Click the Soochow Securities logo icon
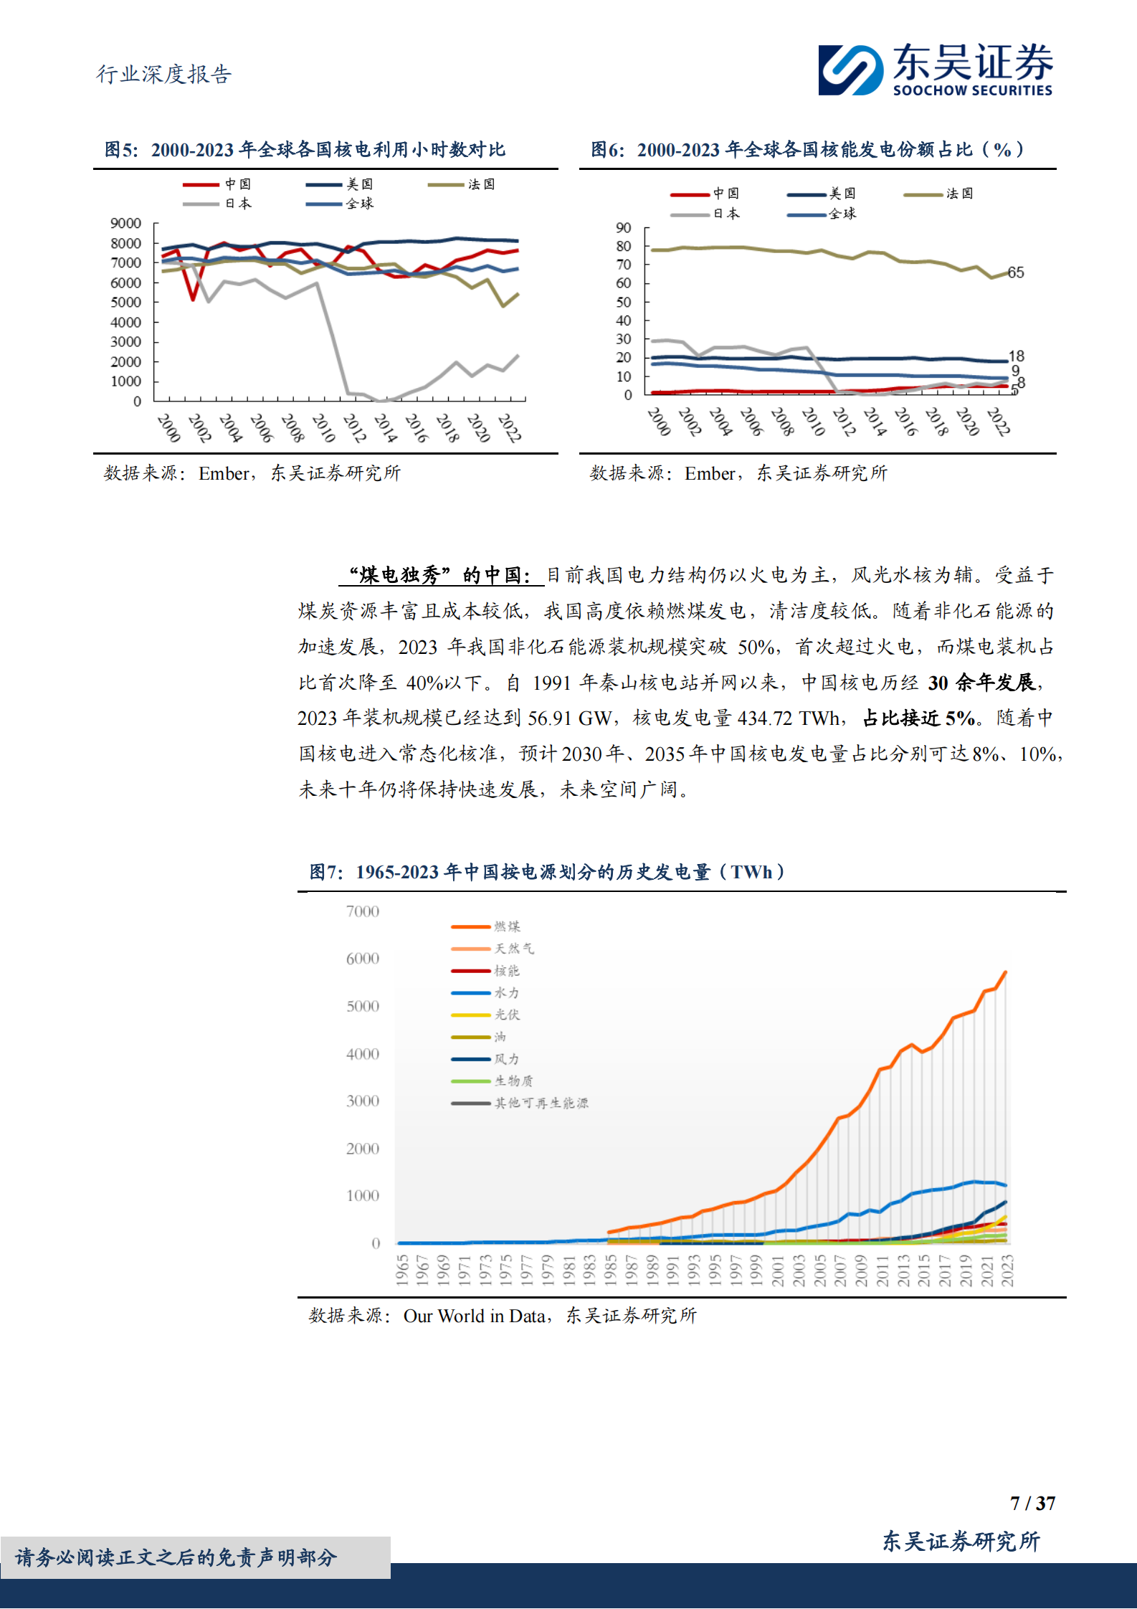850,70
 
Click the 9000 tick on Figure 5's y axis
125,223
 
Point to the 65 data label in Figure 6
1016,272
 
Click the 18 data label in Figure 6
1016,356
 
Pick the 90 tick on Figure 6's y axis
623,228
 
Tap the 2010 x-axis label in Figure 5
323,427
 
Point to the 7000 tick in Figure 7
362,911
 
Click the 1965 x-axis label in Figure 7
402,1270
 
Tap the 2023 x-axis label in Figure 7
1007,1270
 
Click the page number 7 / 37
1032,1503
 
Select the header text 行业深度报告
164,74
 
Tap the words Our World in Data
474,1316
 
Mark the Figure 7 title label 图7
326,872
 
